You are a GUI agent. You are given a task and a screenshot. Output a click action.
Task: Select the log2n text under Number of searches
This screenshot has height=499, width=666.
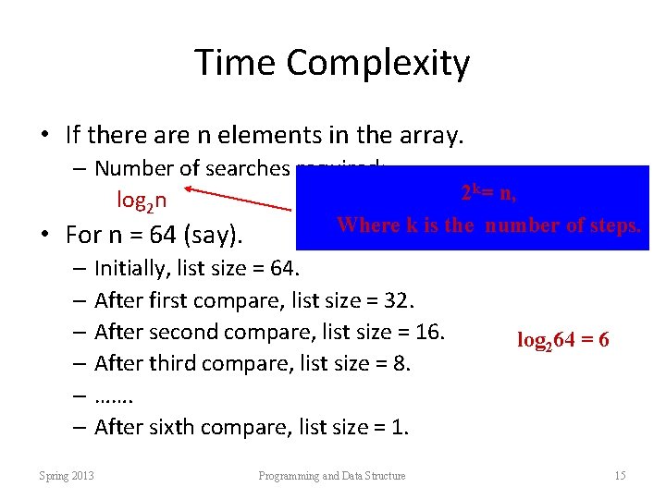tap(142, 200)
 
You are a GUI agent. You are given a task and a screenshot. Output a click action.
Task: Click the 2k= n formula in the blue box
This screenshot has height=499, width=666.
tap(488, 192)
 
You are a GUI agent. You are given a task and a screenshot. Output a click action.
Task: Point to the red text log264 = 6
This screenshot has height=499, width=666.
tap(562, 339)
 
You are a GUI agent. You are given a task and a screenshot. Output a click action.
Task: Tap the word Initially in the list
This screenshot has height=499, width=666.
tap(129, 268)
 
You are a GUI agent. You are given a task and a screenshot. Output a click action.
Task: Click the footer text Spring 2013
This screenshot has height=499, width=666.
tap(67, 476)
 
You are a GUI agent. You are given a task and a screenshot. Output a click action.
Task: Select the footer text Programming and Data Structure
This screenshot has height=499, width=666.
tap(331, 476)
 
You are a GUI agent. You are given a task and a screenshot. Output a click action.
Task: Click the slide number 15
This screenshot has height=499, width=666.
tap(620, 476)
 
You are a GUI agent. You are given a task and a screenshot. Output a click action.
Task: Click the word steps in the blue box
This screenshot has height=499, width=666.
tap(613, 225)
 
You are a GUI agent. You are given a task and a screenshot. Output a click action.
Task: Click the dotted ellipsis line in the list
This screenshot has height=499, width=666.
tap(115, 396)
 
